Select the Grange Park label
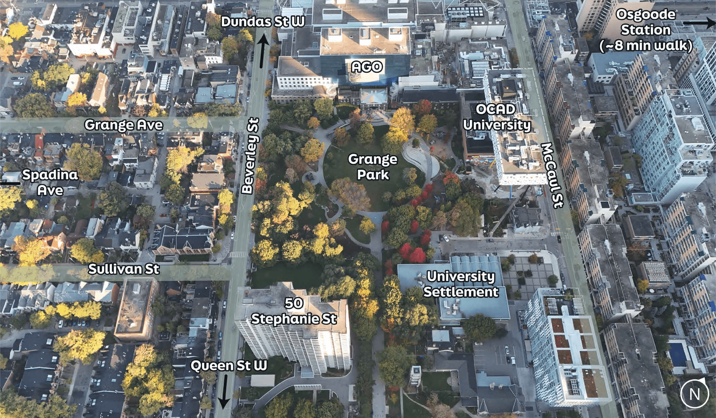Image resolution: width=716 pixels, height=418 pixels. coord(372,167)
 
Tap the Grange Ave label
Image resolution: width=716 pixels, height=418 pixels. coord(124,125)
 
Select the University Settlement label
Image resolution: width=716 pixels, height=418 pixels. coord(461,284)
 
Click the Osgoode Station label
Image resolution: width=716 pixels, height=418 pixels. coord(646,22)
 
